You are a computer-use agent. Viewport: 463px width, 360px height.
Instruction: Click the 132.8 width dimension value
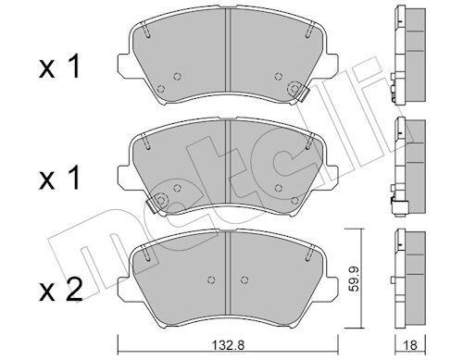(229, 345)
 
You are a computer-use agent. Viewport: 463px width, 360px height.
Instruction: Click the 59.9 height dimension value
(355, 279)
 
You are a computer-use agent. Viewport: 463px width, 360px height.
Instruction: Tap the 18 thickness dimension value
(410, 345)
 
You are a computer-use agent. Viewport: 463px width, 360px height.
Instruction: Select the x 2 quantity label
(60, 290)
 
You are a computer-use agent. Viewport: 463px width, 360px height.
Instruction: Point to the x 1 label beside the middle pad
(59, 178)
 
